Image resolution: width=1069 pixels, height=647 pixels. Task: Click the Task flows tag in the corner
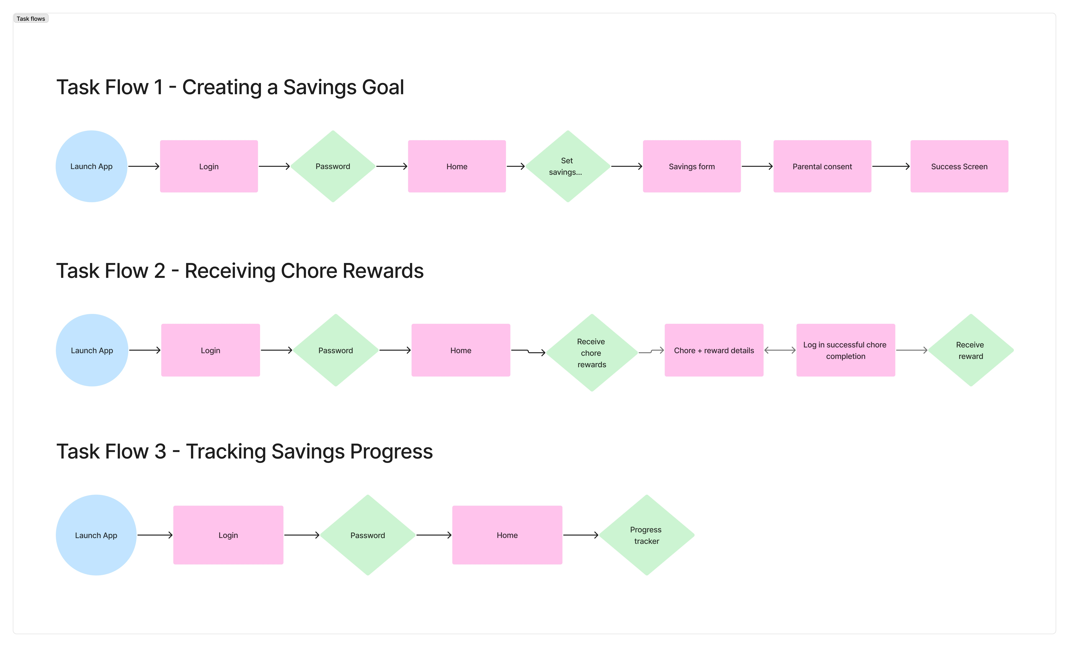point(31,19)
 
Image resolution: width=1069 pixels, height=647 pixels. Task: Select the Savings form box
point(692,166)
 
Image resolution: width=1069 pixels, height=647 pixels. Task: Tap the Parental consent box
point(822,166)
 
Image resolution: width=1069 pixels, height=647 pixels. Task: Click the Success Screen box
point(959,166)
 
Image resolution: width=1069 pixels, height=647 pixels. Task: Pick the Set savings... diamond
point(568,166)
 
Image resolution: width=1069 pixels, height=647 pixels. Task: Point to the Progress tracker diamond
point(646,535)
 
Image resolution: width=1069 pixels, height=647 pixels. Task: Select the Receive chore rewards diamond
point(592,352)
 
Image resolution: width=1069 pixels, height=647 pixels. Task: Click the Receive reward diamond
point(971,350)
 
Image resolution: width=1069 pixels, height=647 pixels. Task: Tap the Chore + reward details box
point(714,350)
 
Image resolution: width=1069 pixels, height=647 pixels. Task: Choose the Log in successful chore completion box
point(846,350)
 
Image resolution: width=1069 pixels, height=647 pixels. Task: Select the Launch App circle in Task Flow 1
point(92,166)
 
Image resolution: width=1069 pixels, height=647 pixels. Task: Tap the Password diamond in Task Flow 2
point(336,350)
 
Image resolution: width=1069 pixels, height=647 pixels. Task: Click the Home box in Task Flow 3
point(507,535)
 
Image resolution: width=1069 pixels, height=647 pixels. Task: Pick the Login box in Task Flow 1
point(209,166)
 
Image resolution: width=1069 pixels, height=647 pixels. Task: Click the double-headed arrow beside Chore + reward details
point(780,350)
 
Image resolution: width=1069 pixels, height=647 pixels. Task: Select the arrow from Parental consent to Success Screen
point(891,166)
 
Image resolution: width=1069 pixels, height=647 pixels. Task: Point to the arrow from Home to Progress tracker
point(580,535)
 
